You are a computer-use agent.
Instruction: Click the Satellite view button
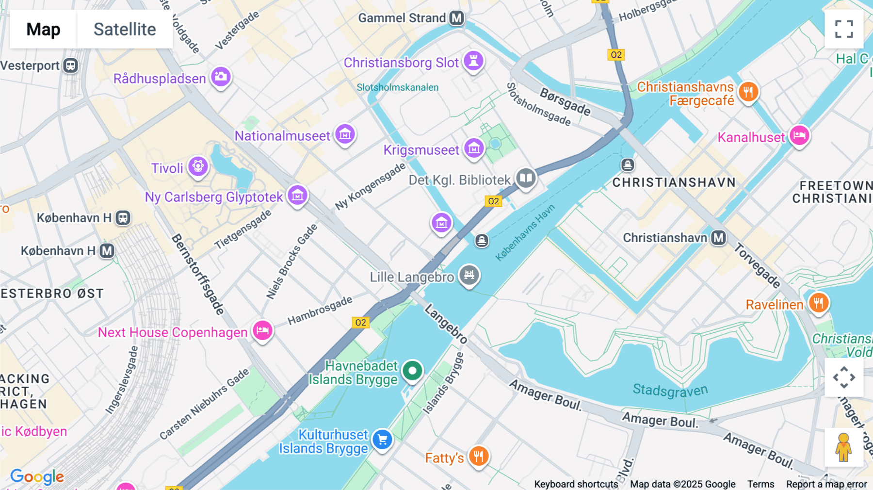125,29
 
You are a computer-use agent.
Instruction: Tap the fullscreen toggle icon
844,29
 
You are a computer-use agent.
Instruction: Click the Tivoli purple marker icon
198,166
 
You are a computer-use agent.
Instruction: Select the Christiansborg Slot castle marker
473,61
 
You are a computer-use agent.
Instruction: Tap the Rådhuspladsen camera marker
221,77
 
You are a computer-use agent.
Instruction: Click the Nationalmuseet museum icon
345,134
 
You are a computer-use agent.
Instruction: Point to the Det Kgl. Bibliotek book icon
525,178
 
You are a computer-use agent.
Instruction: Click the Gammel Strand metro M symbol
456,18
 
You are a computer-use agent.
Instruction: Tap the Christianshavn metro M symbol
718,238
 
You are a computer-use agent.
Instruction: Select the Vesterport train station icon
71,65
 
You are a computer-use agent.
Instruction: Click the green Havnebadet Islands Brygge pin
412,371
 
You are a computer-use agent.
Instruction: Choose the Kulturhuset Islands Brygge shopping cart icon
382,440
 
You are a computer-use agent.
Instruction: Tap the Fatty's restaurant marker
479,456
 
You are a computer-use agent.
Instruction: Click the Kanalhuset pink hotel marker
799,135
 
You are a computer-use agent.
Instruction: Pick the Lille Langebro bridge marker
469,275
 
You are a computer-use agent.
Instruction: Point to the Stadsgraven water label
670,390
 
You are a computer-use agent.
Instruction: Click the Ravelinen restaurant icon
819,303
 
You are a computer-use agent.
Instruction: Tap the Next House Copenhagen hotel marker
262,331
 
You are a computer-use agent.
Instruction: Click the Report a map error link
826,484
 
